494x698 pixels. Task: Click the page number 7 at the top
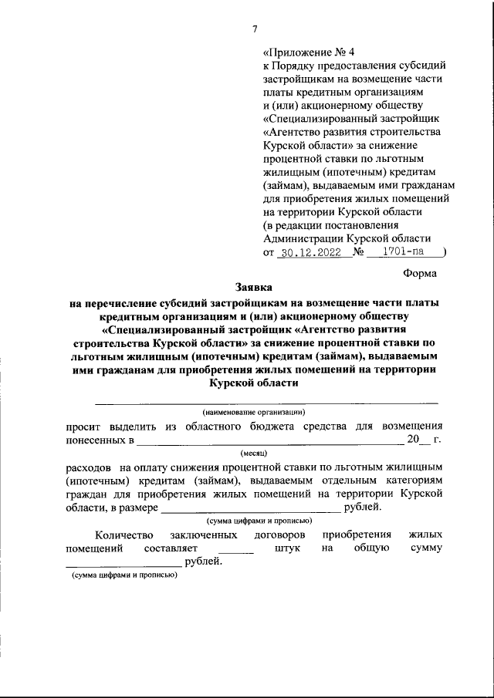coord(254,30)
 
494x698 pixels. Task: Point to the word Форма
coord(420,272)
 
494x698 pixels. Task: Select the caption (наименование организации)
coord(254,412)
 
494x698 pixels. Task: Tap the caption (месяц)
coord(254,454)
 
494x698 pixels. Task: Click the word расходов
coord(86,467)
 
